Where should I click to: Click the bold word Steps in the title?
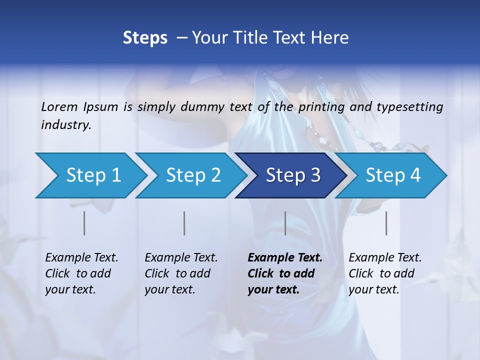click(x=145, y=38)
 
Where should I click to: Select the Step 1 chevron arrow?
click(x=90, y=175)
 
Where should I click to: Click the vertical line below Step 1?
click(x=84, y=223)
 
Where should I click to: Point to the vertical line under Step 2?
click(x=184, y=223)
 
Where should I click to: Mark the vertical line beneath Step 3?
click(x=285, y=223)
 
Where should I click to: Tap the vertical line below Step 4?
click(x=386, y=223)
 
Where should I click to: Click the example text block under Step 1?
click(x=81, y=273)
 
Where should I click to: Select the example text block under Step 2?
click(x=181, y=273)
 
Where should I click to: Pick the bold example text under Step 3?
click(x=284, y=273)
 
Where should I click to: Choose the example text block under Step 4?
click(x=385, y=273)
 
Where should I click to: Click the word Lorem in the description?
click(x=59, y=106)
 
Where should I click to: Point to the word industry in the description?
click(x=65, y=125)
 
